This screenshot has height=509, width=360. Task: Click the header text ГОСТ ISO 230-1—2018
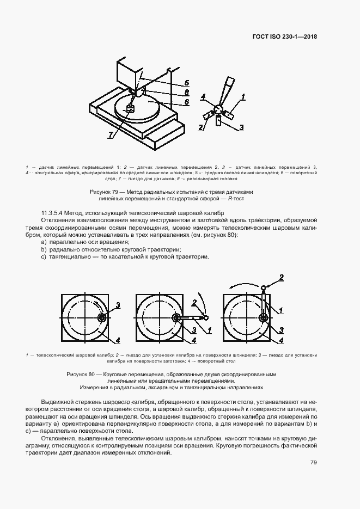tap(284, 37)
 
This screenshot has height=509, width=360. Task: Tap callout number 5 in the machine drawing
tap(186, 83)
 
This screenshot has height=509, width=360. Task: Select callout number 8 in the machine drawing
tap(186, 93)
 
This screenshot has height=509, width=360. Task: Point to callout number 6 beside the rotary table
tap(186, 102)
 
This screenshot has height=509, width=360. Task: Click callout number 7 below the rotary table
tap(111, 135)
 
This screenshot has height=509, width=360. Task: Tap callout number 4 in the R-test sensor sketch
tap(203, 98)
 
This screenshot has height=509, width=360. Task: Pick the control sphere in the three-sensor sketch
tap(218, 109)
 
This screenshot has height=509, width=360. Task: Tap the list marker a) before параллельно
tap(44, 241)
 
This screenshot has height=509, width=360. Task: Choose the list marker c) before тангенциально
tap(44, 256)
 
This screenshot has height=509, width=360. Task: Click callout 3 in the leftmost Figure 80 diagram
tap(118, 305)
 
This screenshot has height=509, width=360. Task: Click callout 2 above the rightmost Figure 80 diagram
tap(282, 277)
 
